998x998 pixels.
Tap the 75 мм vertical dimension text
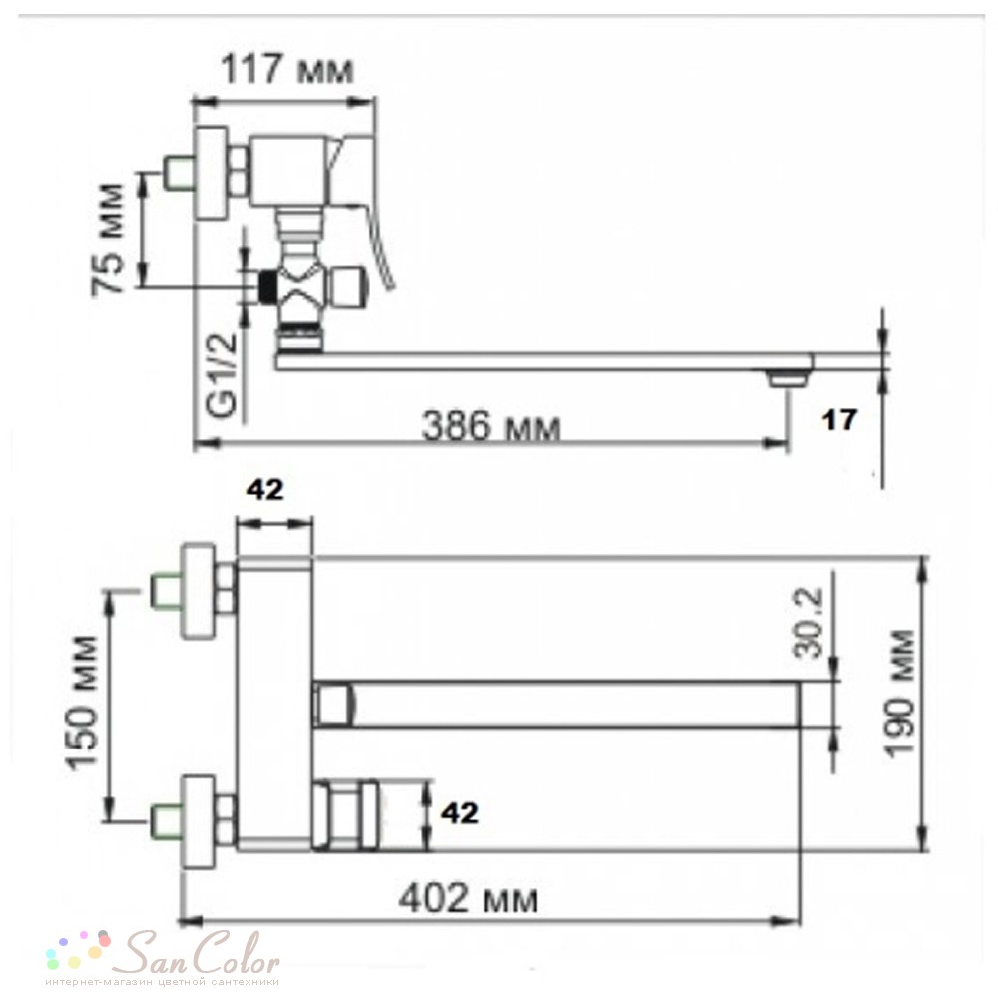click(107, 239)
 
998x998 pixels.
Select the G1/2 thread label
click(224, 375)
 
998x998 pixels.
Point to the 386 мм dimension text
click(491, 426)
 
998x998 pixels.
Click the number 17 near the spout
click(840, 419)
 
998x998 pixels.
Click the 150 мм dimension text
click(84, 702)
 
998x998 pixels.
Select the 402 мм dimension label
click(468, 900)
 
